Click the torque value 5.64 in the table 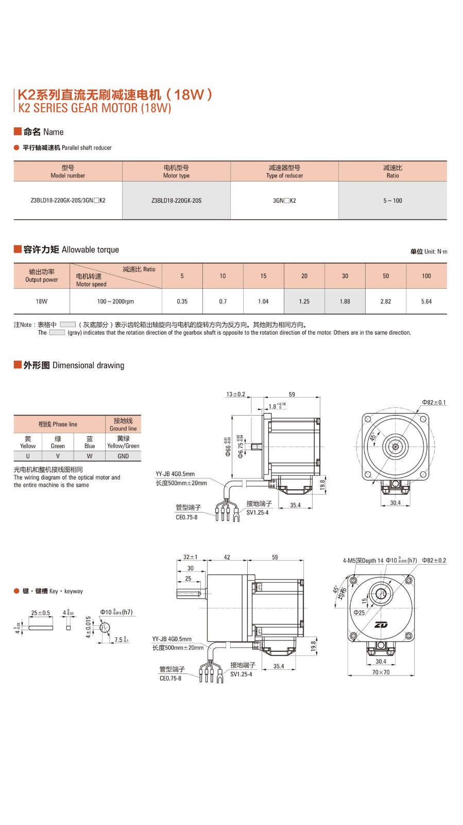click(426, 302)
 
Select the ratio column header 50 click(386, 276)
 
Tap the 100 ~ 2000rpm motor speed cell click(115, 302)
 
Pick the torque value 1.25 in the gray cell click(304, 302)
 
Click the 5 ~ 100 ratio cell click(392, 201)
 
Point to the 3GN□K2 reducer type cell click(284, 201)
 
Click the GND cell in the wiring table click(123, 456)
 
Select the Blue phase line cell click(90, 442)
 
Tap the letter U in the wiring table click(28, 456)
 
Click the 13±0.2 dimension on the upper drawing click(236, 394)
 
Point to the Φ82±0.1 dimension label click(434, 403)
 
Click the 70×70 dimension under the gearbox click(381, 672)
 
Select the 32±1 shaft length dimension click(190, 557)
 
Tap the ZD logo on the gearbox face click(381, 625)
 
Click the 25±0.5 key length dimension click(41, 613)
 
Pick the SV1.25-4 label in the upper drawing click(258, 513)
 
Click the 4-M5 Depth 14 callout click(363, 560)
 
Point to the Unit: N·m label click(429, 252)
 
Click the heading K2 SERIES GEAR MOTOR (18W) click(95, 108)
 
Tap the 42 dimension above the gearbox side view click(227, 557)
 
